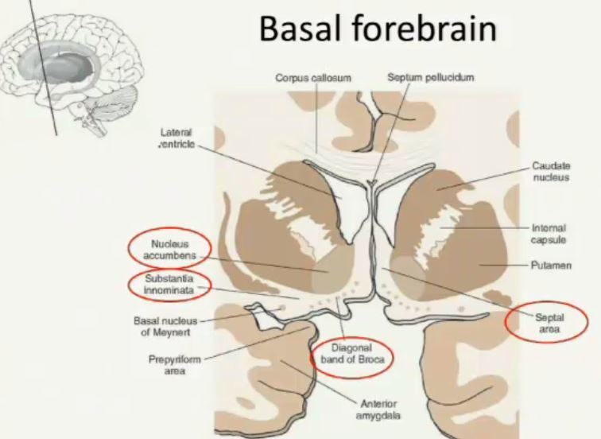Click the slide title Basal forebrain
click(378, 30)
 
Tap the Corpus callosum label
click(313, 78)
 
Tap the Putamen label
click(551, 265)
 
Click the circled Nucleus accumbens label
click(169, 249)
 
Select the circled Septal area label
click(549, 322)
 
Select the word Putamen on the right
click(551, 265)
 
